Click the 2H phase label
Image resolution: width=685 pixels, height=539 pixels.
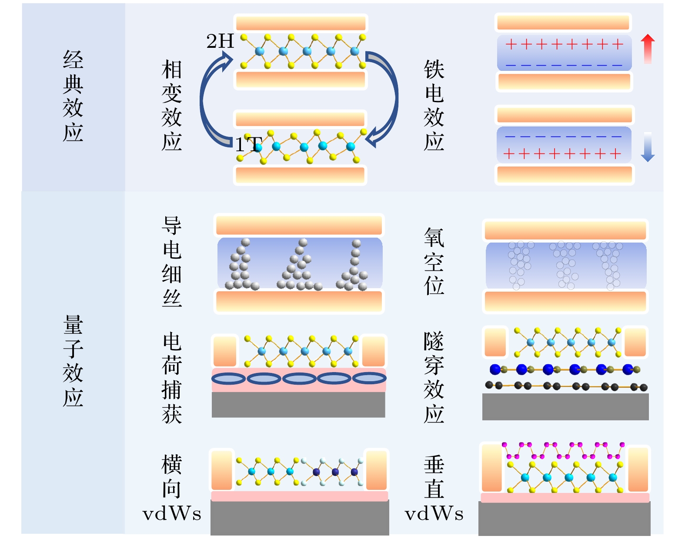point(220,42)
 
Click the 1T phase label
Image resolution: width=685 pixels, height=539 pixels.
point(248,145)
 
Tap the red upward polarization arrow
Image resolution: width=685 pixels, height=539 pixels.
point(648,49)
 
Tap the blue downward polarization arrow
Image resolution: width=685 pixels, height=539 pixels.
point(648,147)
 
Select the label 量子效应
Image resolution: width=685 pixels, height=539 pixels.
point(73,361)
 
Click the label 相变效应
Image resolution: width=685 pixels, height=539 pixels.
point(172,106)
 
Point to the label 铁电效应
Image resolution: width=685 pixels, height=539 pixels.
point(434,106)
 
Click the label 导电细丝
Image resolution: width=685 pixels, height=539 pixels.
point(172,262)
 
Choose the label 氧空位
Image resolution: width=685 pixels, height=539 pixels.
point(434,262)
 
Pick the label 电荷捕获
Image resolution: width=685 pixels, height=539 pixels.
point(172,378)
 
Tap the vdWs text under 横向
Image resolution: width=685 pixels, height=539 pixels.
point(172,514)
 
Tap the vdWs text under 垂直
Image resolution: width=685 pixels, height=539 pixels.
point(434,514)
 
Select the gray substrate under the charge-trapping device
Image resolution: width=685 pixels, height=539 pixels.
point(298,405)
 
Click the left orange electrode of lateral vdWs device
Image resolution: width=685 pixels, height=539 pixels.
point(222,470)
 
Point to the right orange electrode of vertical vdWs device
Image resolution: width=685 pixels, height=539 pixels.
point(638,469)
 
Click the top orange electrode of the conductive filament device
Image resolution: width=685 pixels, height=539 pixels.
point(299,225)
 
